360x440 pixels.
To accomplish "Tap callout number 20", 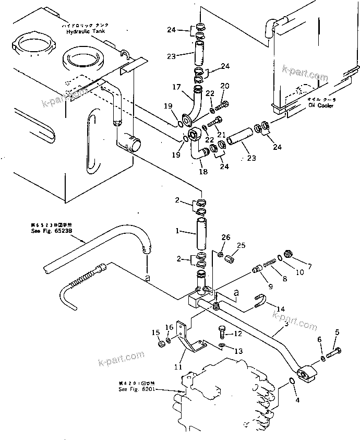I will pyautogui.click(x=224, y=86).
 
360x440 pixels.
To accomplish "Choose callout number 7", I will pyautogui.click(x=309, y=267).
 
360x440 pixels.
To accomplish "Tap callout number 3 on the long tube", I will pyautogui.click(x=286, y=324).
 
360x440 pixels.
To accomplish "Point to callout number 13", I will pyautogui.click(x=238, y=351).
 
